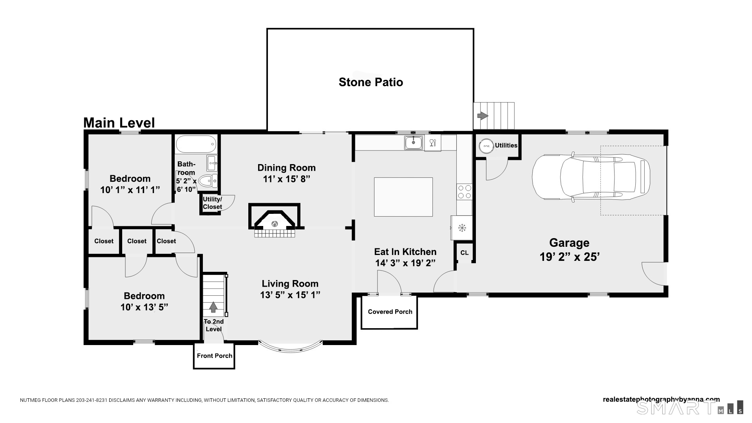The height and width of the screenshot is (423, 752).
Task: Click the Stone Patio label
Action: click(371, 82)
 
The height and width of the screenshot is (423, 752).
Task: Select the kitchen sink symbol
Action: click(414, 142)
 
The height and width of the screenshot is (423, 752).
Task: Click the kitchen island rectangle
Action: click(403, 197)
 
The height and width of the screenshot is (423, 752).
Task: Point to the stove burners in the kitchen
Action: click(465, 192)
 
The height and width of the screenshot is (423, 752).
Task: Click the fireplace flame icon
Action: click(275, 224)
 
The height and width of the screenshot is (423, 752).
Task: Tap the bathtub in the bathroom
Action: click(196, 144)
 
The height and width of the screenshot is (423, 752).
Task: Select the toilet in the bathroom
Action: click(206, 181)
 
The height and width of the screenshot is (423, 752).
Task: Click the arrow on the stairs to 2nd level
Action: click(213, 307)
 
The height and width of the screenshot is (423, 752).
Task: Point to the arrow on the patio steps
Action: click(483, 116)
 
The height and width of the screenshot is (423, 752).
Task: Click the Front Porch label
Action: click(214, 356)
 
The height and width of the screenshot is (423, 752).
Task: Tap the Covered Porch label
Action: click(390, 312)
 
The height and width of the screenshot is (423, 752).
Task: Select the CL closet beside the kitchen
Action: click(465, 253)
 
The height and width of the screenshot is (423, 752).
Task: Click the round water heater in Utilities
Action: click(486, 146)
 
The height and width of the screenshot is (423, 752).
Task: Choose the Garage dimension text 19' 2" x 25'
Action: click(569, 257)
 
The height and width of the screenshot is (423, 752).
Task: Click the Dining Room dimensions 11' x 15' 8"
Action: click(286, 179)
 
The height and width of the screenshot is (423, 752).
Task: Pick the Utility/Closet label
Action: click(212, 203)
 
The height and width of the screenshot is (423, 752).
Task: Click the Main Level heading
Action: click(119, 123)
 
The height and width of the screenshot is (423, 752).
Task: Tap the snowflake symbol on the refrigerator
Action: click(462, 227)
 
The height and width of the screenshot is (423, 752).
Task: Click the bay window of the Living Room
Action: click(291, 347)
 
